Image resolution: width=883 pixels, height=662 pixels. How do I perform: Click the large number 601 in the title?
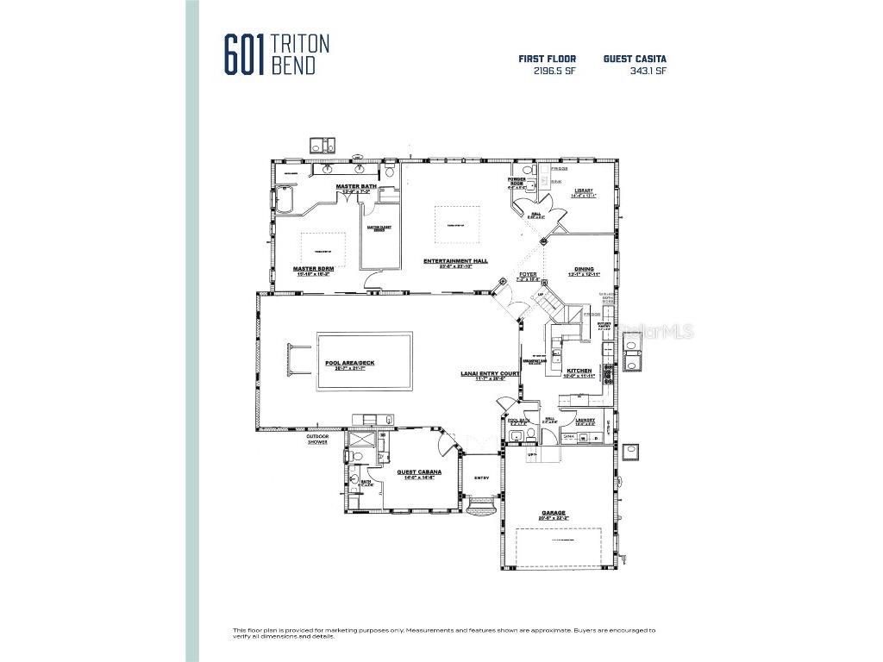[x=246, y=55]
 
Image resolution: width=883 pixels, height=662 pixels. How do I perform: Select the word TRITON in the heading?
[x=300, y=44]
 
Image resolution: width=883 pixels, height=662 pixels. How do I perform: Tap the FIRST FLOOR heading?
[x=547, y=59]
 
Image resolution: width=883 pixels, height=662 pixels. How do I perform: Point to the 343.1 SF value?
[x=648, y=72]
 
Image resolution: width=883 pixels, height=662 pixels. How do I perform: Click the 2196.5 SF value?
[x=554, y=72]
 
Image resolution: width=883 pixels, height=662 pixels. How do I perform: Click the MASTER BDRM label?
[x=313, y=268]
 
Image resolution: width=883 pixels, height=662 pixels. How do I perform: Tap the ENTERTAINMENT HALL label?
[x=455, y=260]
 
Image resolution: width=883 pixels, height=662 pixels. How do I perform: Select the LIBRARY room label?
[x=584, y=190]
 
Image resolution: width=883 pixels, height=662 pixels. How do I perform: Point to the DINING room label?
[x=584, y=269]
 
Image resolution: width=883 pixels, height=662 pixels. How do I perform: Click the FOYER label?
[x=526, y=274]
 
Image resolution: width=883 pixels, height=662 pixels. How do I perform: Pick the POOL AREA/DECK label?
[x=349, y=363]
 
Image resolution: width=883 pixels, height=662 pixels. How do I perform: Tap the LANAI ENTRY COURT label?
[x=489, y=373]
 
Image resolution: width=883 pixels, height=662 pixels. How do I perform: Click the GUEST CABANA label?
[x=419, y=472]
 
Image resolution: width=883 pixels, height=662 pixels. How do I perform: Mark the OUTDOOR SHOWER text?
[x=316, y=439]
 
